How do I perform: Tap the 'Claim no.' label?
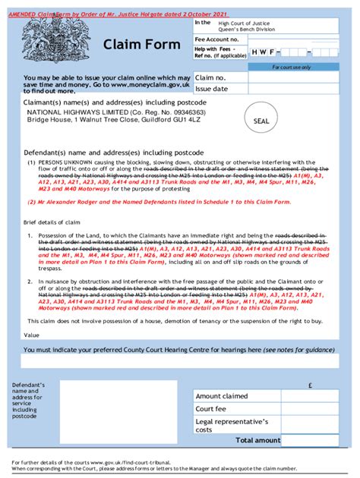click(210, 77)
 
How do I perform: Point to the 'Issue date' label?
click(212, 88)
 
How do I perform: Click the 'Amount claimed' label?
click(222, 396)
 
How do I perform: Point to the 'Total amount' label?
click(257, 440)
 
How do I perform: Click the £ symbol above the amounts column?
click(311, 385)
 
